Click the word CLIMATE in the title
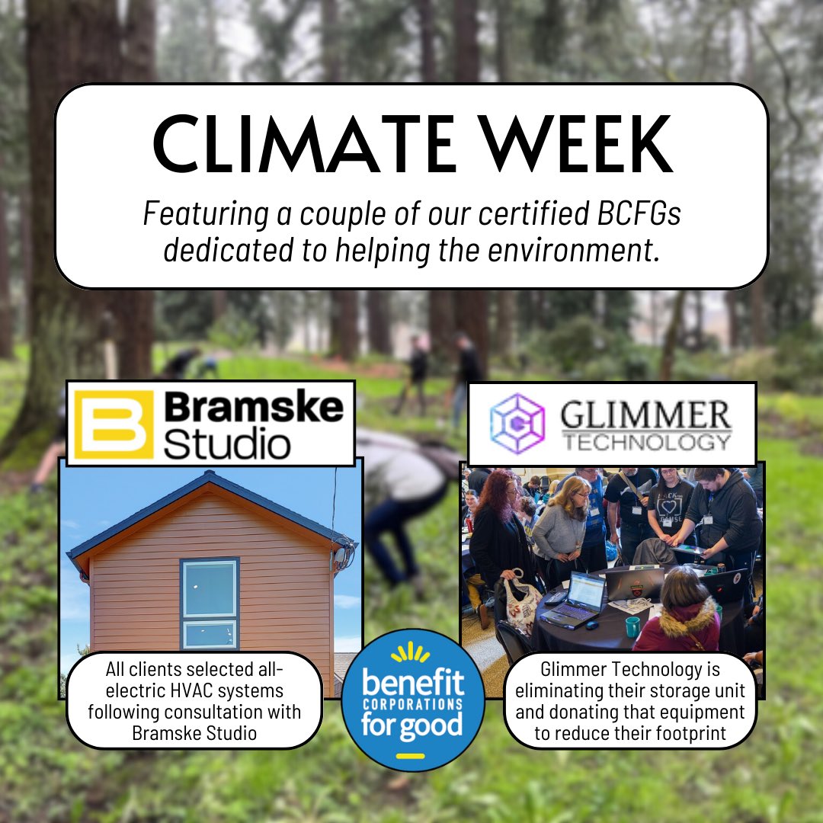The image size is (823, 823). [x=290, y=145]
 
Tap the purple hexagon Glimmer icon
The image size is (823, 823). [x=517, y=424]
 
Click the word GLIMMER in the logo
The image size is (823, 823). [x=645, y=415]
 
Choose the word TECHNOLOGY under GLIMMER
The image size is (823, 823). [x=645, y=441]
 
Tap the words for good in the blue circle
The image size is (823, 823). [x=413, y=725]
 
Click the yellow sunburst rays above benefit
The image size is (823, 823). [x=413, y=652]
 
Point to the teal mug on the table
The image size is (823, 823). [x=633, y=627]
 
